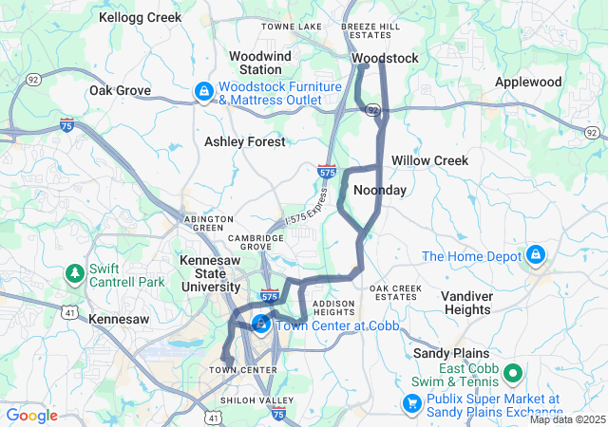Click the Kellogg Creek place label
140,18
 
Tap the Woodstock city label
385,59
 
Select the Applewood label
528,83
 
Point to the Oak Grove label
121,91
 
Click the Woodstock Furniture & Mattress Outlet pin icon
203,92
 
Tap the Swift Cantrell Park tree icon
75,274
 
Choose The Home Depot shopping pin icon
536,255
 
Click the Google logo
32,416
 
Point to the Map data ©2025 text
566,419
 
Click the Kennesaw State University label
210,273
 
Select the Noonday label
380,191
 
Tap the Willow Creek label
430,160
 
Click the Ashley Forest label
245,141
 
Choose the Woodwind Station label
259,63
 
